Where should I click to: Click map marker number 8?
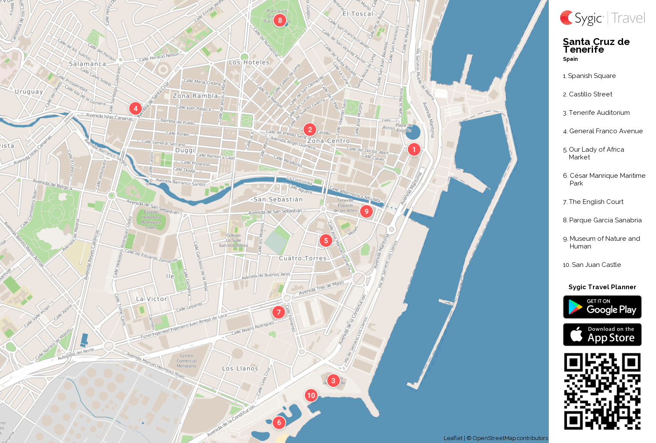(280, 20)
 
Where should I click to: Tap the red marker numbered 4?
(135, 108)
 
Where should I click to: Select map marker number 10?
(311, 395)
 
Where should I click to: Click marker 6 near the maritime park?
(279, 422)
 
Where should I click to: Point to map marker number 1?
(414, 150)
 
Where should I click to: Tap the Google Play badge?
(602, 307)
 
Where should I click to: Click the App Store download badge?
(602, 335)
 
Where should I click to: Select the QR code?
(602, 391)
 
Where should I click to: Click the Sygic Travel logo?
(602, 18)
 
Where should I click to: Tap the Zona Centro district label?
(328, 141)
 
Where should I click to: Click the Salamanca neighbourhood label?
(87, 64)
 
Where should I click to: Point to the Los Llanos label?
(240, 368)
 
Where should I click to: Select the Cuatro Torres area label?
(303, 258)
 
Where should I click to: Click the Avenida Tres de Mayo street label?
(321, 288)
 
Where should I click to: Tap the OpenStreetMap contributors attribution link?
(510, 438)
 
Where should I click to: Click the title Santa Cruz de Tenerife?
(596, 45)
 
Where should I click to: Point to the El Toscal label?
(358, 14)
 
